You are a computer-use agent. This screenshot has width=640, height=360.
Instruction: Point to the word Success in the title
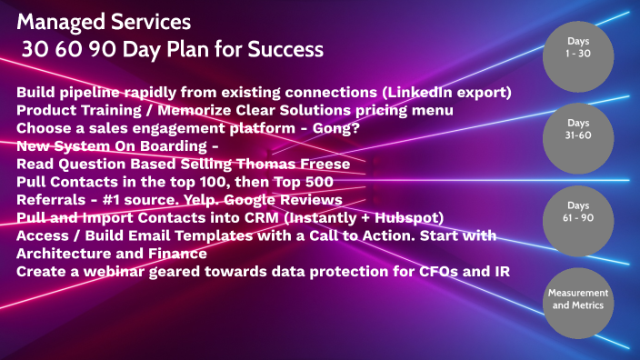point(281,47)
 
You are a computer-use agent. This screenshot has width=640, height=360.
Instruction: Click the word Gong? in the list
point(338,128)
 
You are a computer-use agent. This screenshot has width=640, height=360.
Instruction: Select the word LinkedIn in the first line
point(391,93)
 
